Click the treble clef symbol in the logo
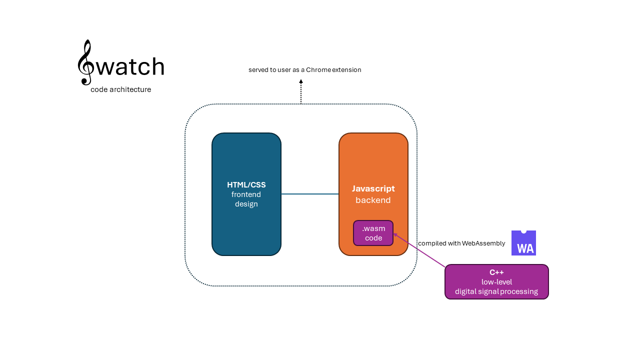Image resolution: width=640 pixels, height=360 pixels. pyautogui.click(x=85, y=62)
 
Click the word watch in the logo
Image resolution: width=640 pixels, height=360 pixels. pyautogui.click(x=130, y=66)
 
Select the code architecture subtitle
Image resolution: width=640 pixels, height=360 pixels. pyautogui.click(x=120, y=89)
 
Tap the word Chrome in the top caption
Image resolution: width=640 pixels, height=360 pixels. pyautogui.click(x=318, y=70)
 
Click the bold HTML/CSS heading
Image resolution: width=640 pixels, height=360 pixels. pyautogui.click(x=246, y=185)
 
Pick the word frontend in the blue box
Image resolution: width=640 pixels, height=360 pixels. pyautogui.click(x=246, y=194)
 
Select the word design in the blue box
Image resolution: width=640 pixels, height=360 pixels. pyautogui.click(x=246, y=204)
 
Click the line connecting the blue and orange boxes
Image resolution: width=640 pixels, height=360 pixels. pyautogui.click(x=310, y=194)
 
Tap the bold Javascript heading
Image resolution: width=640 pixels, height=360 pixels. pyautogui.click(x=373, y=188)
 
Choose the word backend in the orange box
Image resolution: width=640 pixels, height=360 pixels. pyautogui.click(x=373, y=200)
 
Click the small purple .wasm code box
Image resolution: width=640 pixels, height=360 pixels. pyautogui.click(x=373, y=233)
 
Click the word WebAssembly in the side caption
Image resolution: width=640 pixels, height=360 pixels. pyautogui.click(x=483, y=243)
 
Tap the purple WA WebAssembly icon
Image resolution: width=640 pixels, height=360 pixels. pyautogui.click(x=523, y=243)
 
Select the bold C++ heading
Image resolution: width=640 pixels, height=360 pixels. pyautogui.click(x=496, y=272)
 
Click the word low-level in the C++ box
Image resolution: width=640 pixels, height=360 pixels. pyautogui.click(x=496, y=282)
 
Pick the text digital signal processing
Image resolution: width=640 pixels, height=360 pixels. pyautogui.click(x=496, y=291)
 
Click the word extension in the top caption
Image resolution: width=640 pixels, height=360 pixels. pyautogui.click(x=347, y=70)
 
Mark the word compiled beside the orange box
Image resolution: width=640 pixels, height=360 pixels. pyautogui.click(x=432, y=243)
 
